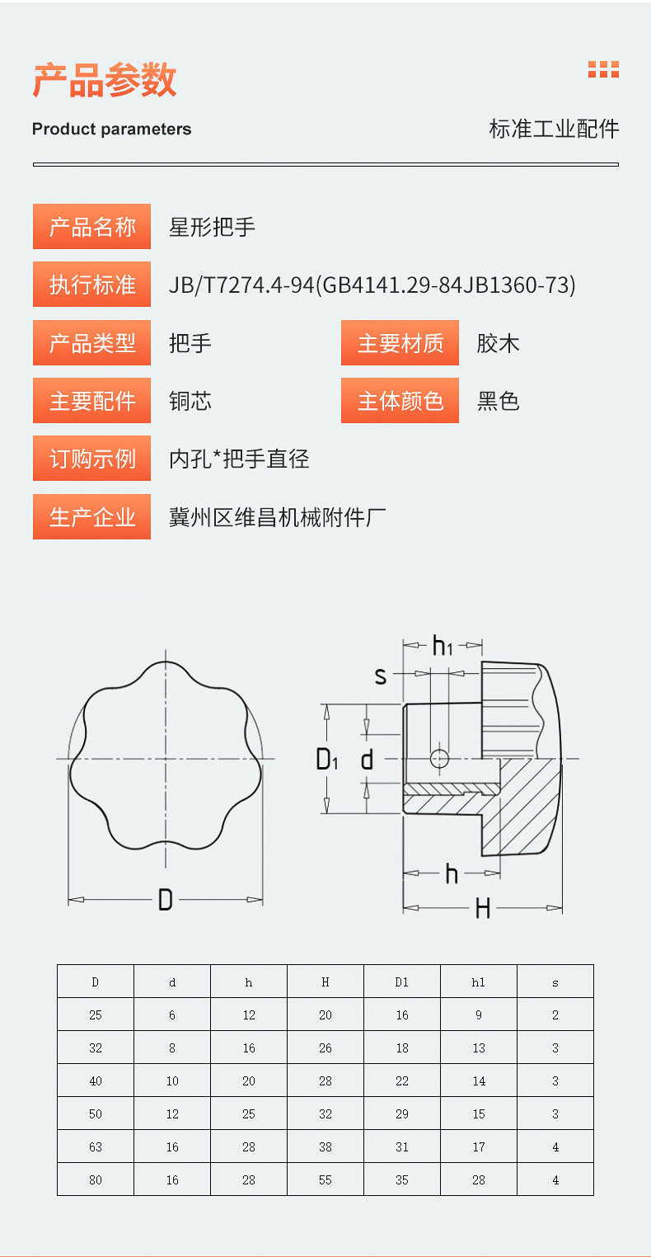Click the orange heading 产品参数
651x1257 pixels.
click(x=105, y=81)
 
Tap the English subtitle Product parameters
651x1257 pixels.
click(x=111, y=129)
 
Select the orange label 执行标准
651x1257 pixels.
click(x=92, y=285)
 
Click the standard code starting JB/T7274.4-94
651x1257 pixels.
click(x=372, y=285)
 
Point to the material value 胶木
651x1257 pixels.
click(x=498, y=343)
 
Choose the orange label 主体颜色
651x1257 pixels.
click(x=400, y=401)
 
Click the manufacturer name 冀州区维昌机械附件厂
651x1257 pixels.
click(x=277, y=518)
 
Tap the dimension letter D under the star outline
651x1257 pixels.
click(x=165, y=900)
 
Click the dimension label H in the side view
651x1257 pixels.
click(x=483, y=909)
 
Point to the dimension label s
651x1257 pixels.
click(x=381, y=676)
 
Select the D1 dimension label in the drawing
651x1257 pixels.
click(x=327, y=759)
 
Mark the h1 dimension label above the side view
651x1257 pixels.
click(x=443, y=646)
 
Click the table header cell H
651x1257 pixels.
click(x=325, y=982)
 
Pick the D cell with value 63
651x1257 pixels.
click(x=96, y=1146)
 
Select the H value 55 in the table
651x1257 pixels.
click(x=325, y=1179)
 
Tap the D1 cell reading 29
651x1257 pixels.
click(x=402, y=1113)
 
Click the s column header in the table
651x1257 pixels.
click(x=555, y=982)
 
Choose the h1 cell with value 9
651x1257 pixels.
click(x=479, y=1015)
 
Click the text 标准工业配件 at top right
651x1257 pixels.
click(x=554, y=129)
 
